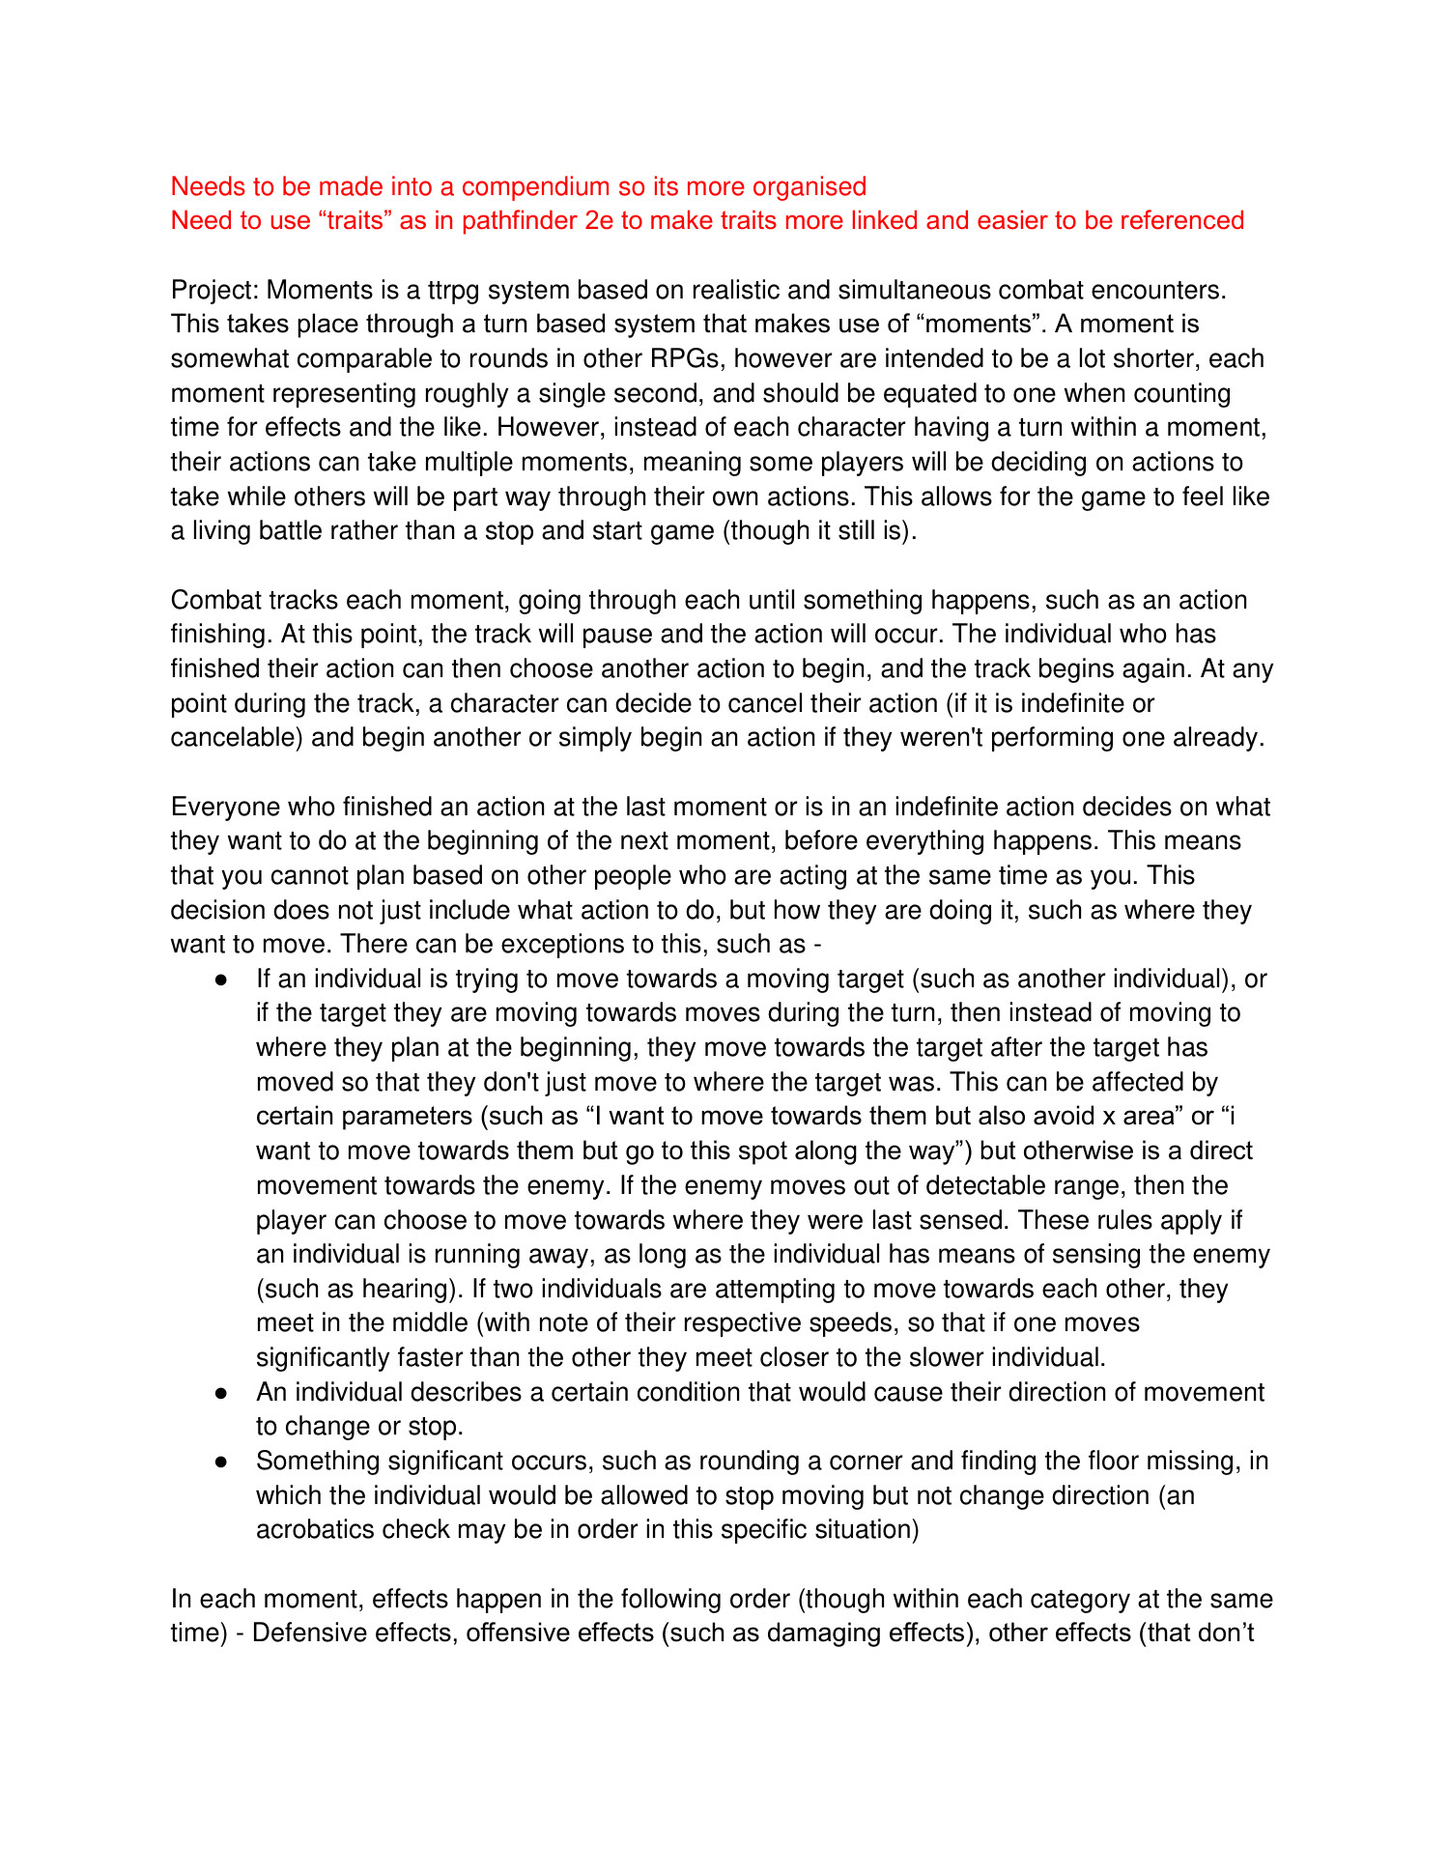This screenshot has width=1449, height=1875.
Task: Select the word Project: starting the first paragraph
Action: point(214,290)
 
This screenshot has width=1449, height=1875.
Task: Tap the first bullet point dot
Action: point(221,980)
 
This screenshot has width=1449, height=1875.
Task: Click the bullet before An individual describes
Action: point(221,1393)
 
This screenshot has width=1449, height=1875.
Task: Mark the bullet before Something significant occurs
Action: point(221,1462)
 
